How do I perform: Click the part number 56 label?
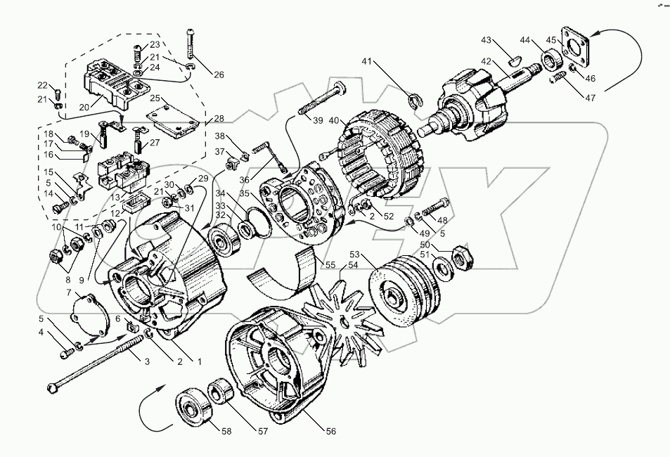click(x=331, y=431)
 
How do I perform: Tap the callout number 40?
click(x=334, y=120)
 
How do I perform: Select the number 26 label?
click(x=219, y=75)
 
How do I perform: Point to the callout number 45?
click(x=551, y=40)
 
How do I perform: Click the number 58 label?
click(x=226, y=432)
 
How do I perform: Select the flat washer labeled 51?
click(x=442, y=268)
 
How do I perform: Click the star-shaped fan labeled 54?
click(x=344, y=321)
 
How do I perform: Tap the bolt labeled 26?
click(x=190, y=44)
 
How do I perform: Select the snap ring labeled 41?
click(x=413, y=102)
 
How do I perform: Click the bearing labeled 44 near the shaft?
click(x=552, y=60)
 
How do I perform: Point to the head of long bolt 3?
click(x=53, y=387)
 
